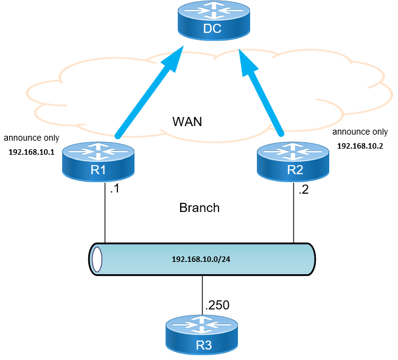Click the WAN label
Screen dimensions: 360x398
point(187,122)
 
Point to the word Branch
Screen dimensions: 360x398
point(199,208)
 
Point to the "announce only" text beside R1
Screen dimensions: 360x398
point(31,138)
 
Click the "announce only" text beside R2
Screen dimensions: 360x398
point(360,132)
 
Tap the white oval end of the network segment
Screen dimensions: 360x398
point(96,259)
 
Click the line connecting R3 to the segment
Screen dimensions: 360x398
point(201,295)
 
